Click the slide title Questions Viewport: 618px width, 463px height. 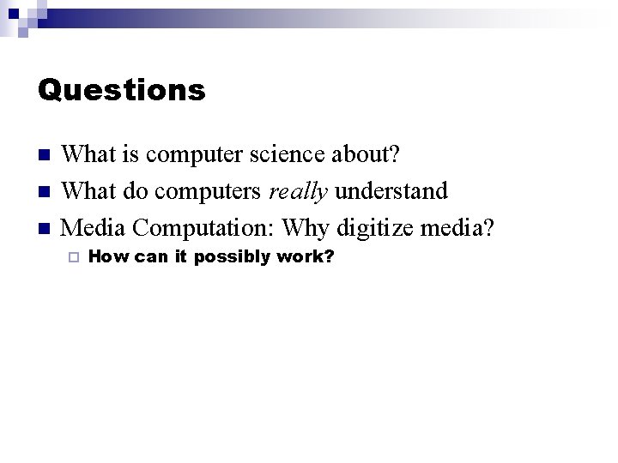122,90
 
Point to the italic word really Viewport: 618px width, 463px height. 298,191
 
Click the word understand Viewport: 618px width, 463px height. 391,190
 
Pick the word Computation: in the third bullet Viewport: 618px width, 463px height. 204,228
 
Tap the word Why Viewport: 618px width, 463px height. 306,228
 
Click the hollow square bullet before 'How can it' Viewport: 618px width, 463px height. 74,257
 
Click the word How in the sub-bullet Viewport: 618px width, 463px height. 105,256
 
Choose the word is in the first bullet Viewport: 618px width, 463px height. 131,154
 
